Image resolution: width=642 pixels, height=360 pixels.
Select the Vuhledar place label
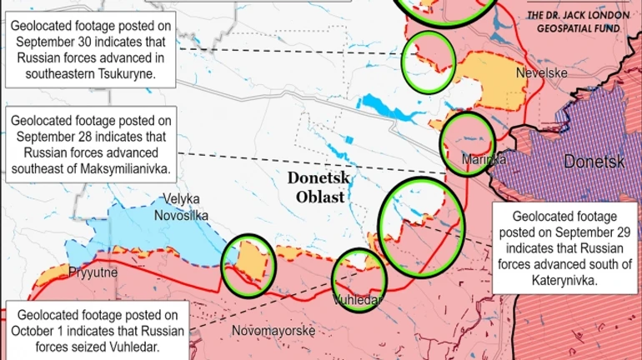pos(358,300)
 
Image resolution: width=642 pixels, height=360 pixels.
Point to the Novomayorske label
pos(273,331)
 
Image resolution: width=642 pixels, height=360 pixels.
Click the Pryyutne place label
pos(93,272)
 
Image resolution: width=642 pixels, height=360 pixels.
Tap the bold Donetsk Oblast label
pos(319,187)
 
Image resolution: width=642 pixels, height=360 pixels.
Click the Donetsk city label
pos(594,162)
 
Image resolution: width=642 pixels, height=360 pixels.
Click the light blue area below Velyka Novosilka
pos(158,237)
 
